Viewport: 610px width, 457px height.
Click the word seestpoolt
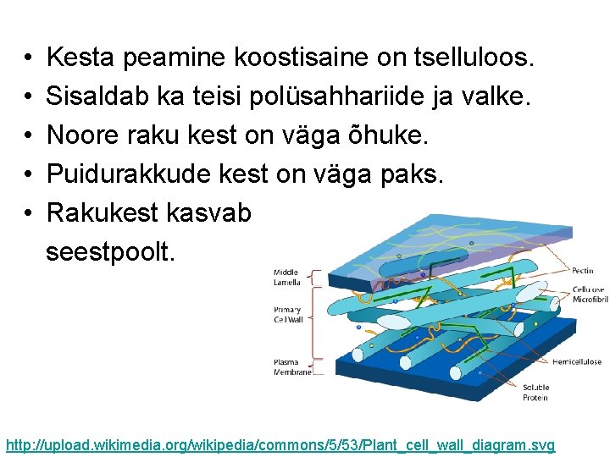(111, 251)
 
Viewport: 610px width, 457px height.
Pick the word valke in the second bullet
(495, 96)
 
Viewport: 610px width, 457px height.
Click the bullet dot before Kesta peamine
(29, 58)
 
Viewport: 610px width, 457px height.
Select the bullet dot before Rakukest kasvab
(29, 212)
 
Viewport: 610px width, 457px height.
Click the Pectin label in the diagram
(583, 271)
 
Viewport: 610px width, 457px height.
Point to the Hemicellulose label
(577, 361)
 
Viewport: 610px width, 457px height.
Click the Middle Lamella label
(286, 276)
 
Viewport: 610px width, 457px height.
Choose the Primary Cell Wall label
(287, 314)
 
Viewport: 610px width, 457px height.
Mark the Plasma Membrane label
(291, 366)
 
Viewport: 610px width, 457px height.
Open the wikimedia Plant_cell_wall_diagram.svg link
(280, 444)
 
